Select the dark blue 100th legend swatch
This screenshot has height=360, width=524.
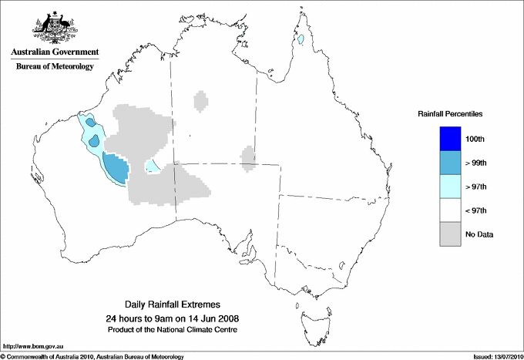(x=449, y=138)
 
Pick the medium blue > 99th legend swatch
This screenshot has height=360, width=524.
(x=449, y=162)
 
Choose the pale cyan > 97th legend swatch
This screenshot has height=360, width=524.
(x=449, y=186)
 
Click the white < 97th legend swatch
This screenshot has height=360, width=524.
(x=449, y=210)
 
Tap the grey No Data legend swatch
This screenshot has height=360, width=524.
(x=449, y=234)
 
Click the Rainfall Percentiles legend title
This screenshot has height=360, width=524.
(x=450, y=113)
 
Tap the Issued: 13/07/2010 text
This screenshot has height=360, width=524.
(x=492, y=356)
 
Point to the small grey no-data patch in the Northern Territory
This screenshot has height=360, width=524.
(x=200, y=101)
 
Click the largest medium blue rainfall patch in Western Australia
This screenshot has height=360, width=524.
(x=115, y=167)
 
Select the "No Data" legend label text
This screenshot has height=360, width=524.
(x=479, y=234)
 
